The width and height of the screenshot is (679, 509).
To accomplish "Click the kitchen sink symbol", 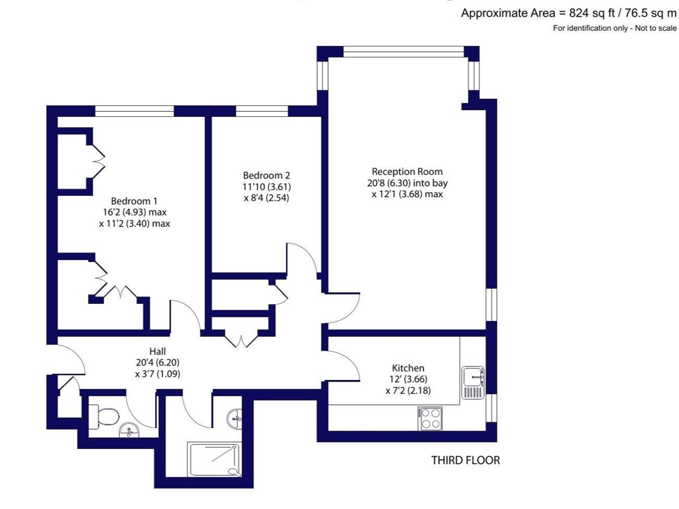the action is (473, 383).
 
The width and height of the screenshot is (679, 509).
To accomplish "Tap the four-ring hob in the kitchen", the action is (430, 418).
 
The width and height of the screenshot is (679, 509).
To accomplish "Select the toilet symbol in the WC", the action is (103, 418).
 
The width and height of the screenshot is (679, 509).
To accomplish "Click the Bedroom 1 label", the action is (134, 201).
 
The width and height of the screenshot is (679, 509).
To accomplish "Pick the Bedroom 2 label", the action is (266, 175).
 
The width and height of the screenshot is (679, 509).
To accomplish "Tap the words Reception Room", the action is (407, 171).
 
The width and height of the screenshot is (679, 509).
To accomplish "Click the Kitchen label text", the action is (408, 368).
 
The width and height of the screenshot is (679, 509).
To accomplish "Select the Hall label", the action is (158, 351).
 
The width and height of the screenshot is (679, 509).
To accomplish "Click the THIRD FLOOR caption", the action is (466, 460).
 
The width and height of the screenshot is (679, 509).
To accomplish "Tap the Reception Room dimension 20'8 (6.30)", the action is (389, 183).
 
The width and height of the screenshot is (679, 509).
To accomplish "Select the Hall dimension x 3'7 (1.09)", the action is (158, 374).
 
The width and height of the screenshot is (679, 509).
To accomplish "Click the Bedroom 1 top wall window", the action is (134, 111).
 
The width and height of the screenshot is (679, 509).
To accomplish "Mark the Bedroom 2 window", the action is (261, 111).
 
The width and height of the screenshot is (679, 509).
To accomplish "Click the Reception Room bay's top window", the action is (403, 52).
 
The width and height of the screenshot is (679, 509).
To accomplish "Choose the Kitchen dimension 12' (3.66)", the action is (408, 379).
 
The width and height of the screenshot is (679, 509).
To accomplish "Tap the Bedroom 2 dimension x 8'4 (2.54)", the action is (266, 198).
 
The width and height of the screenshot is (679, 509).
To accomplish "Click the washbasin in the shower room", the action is (234, 419).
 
